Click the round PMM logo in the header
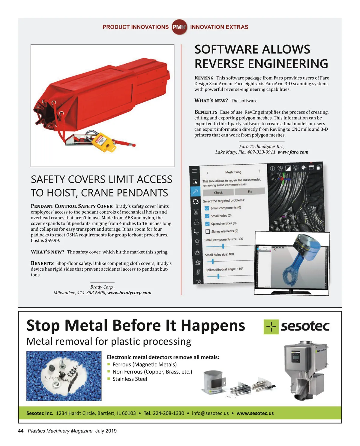pyautogui.click(x=179, y=27)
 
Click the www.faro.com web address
pyautogui.click(x=293, y=152)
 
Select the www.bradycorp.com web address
pyautogui.click(x=129, y=293)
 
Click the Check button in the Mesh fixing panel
pyautogui.click(x=218, y=193)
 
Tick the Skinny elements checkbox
pyautogui.click(x=208, y=232)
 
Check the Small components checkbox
pyautogui.click(x=207, y=208)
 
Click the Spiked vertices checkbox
pyautogui.click(x=207, y=224)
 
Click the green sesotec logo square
pyautogui.click(x=271, y=327)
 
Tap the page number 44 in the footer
pyautogui.click(x=21, y=431)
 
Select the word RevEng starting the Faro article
pyautogui.click(x=204, y=78)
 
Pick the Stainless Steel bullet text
pyautogui.click(x=130, y=379)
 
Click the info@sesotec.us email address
pyautogui.click(x=210, y=413)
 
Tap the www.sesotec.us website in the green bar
pyautogui.click(x=255, y=413)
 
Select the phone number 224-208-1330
pyautogui.click(x=168, y=413)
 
